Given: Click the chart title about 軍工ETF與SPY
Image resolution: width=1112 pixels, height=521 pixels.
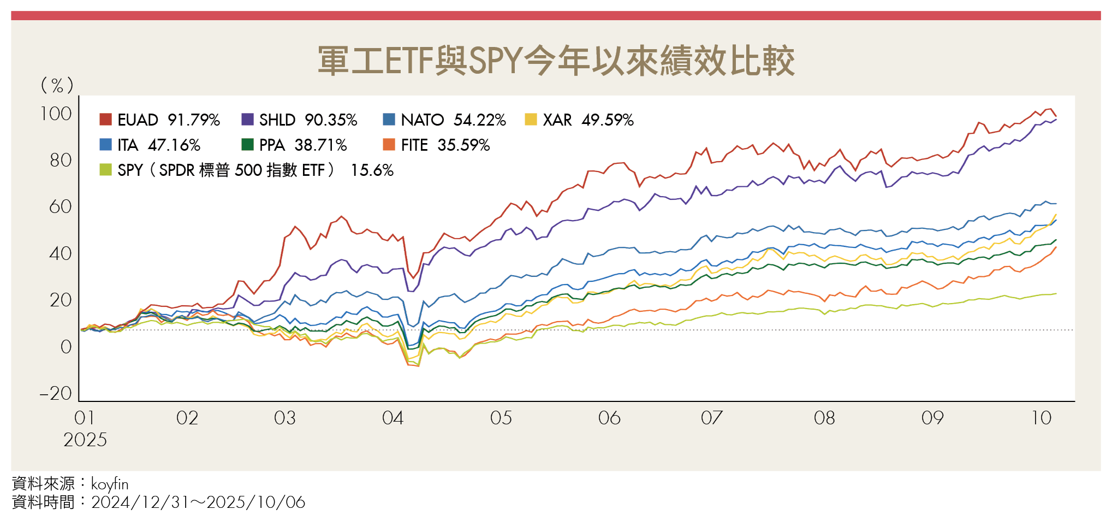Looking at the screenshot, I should point(556,61).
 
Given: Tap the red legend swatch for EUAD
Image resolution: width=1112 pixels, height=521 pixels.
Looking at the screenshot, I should point(105,120).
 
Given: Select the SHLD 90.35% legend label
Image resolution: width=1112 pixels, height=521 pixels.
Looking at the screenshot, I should point(308,120).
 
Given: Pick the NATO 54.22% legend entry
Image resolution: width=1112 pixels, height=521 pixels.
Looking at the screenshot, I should point(453,120).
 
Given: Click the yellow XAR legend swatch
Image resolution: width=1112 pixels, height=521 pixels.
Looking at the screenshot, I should point(531,120).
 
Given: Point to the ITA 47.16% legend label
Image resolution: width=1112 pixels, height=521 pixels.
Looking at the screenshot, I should point(159,145).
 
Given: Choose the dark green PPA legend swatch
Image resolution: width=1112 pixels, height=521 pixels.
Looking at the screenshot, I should point(247,145).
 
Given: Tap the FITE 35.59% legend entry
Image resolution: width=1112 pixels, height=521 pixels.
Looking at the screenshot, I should point(445,145).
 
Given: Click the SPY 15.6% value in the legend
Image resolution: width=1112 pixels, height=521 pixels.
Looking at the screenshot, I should point(372,170).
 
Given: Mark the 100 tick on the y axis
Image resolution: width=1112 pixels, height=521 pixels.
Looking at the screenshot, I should point(56,114).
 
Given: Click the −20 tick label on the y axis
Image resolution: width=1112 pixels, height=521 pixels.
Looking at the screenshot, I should point(56,393).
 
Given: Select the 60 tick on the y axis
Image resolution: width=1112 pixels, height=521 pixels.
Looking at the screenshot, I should point(60,206).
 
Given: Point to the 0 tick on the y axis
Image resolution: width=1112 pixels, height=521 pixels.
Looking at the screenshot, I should point(66,347).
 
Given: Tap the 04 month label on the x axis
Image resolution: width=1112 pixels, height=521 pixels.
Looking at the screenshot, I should point(393,418).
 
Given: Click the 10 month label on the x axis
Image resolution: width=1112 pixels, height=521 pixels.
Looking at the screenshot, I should point(1041,418).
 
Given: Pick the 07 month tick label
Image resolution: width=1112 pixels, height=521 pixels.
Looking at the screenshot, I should point(711,418).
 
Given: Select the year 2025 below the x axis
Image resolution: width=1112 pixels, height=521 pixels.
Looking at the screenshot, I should point(85,440).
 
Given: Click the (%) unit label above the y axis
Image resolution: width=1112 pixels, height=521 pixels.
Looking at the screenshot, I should point(57,85).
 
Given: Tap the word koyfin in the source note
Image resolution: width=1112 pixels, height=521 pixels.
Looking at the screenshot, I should point(110,484).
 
